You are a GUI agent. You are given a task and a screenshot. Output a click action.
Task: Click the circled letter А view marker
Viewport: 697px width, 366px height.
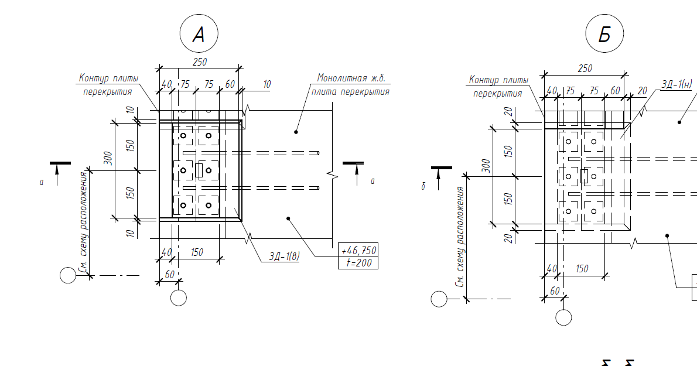tap(199, 35)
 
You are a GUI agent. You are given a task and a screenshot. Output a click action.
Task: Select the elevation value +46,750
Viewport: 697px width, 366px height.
tap(358, 251)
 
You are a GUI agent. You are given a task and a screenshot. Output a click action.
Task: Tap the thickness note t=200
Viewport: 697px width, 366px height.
tap(358, 263)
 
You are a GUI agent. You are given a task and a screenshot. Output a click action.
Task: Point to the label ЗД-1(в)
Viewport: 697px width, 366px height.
tap(284, 256)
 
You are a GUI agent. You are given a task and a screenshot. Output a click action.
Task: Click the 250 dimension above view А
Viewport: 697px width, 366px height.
tap(199, 61)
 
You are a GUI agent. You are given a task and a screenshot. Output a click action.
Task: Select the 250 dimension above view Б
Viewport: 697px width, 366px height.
tap(585, 68)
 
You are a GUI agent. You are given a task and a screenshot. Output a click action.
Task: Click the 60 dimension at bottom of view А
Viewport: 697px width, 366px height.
tap(170, 274)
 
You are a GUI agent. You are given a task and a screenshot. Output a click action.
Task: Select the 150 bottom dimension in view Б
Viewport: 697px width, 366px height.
tap(582, 268)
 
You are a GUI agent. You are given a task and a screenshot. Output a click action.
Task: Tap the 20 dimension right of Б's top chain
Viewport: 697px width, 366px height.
tap(643, 91)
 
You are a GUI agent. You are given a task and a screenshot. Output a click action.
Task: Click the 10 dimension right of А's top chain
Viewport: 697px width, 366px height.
tap(267, 84)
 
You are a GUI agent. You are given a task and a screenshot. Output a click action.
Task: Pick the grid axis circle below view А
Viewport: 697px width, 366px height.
tap(179, 297)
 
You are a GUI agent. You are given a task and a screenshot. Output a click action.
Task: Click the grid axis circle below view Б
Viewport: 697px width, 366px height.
tap(563, 317)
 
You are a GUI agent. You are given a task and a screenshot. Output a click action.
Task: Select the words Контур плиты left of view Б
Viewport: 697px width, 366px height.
tap(498, 80)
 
